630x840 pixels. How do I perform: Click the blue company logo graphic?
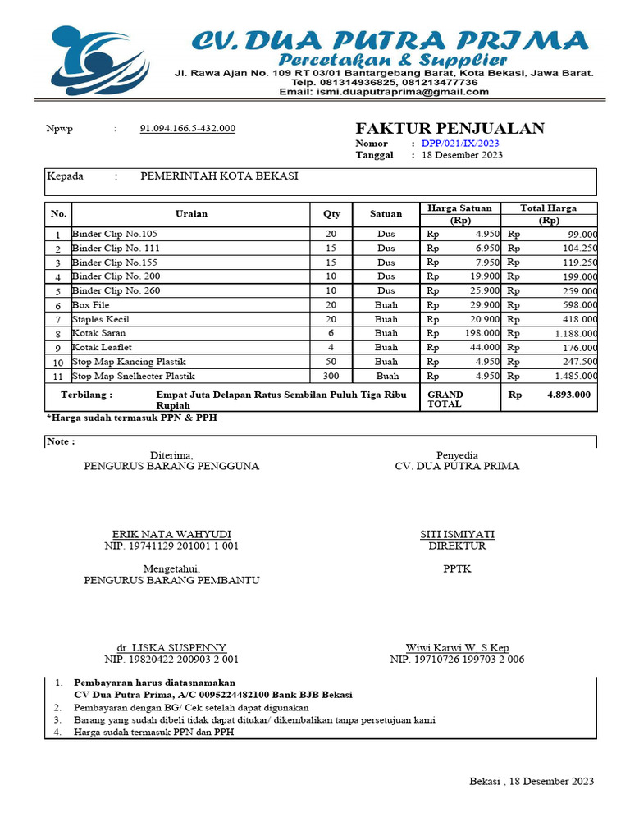coord(98,62)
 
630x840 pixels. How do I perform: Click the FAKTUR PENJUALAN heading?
coord(450,128)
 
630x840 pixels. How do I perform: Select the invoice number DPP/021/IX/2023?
coord(460,144)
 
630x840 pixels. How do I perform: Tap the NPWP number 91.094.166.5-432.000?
coord(188,129)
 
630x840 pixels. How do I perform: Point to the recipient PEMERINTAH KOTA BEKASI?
coord(219,176)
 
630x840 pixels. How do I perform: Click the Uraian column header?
coord(191,214)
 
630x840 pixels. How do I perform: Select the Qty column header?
coord(331,214)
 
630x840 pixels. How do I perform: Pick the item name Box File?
coord(90,305)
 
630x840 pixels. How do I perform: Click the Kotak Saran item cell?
coord(99,334)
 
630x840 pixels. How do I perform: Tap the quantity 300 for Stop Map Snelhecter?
coord(331,377)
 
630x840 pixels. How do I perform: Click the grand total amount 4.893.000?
coord(568,395)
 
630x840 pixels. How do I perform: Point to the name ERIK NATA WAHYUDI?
coord(171,534)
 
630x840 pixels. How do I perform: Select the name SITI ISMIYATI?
coord(457,534)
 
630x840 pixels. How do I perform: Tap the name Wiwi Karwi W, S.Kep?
coord(457,647)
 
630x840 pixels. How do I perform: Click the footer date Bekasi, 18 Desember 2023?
coord(532,781)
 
